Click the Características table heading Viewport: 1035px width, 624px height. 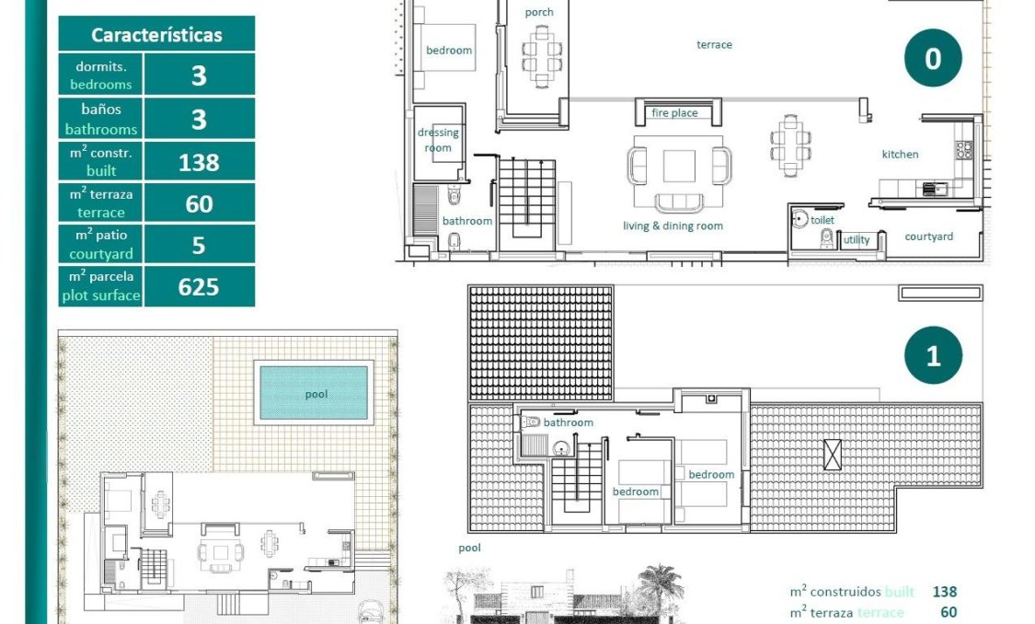[x=156, y=35]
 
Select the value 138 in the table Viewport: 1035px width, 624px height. [x=199, y=163]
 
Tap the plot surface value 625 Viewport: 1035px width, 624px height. [x=199, y=287]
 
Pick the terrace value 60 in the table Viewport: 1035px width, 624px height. [x=199, y=204]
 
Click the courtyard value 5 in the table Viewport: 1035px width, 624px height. [x=199, y=246]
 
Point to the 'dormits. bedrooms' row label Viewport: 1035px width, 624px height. [x=101, y=75]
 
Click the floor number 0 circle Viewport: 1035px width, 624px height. [x=932, y=59]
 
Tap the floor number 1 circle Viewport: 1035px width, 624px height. [x=932, y=356]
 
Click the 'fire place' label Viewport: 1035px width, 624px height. [x=674, y=113]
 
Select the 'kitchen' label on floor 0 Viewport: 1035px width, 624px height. [x=900, y=155]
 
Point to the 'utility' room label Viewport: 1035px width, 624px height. [x=857, y=240]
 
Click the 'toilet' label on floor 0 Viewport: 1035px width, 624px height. [x=822, y=221]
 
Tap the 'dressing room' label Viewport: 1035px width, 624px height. [x=438, y=140]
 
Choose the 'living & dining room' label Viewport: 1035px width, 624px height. [x=673, y=226]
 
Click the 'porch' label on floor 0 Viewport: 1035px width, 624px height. [x=539, y=12]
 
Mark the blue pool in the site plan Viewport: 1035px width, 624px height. [x=315, y=393]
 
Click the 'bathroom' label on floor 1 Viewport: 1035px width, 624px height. [x=569, y=422]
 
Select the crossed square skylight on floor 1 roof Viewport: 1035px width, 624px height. [x=833, y=455]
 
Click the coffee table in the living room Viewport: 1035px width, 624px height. [x=680, y=166]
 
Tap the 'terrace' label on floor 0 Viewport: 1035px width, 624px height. [x=714, y=44]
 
